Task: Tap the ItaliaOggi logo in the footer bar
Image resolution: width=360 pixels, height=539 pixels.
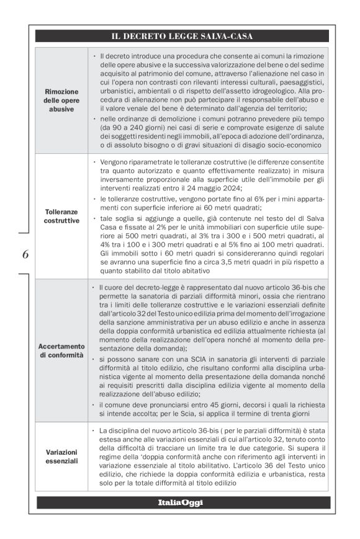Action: click(x=180, y=502)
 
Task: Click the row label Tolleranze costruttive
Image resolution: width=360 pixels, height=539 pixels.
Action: click(x=61, y=216)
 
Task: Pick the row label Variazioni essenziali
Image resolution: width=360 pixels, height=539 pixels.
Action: click(x=61, y=457)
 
